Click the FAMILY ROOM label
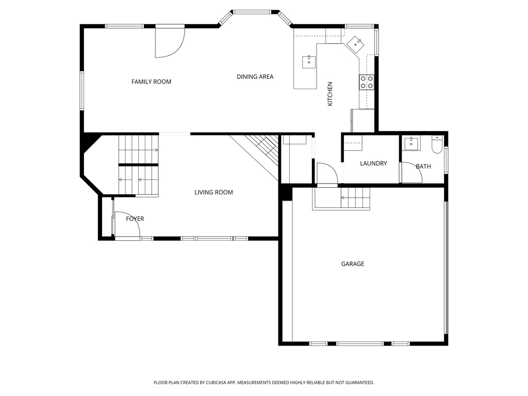(151, 81)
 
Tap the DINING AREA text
(255, 77)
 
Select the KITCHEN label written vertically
(330, 94)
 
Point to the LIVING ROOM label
(213, 192)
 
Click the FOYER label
(135, 219)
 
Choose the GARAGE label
(353, 263)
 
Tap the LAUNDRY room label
(373, 163)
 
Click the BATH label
(423, 167)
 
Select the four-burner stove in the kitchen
(367, 82)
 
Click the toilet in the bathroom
(436, 144)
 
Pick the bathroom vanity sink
(411, 143)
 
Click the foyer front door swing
(126, 226)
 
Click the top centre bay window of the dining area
(252, 11)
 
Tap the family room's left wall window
(81, 90)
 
